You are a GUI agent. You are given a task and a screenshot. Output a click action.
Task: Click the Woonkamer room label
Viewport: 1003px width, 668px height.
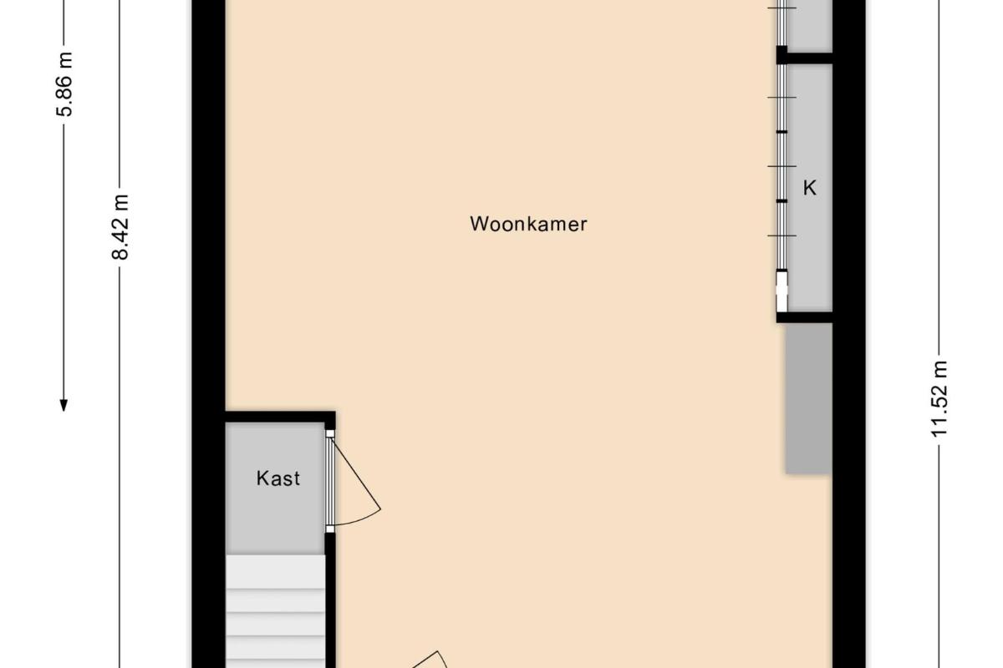[528, 224]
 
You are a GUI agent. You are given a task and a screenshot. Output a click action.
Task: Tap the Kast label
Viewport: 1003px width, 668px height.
[278, 478]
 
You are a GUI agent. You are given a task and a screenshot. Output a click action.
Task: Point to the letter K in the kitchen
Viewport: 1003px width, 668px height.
[810, 188]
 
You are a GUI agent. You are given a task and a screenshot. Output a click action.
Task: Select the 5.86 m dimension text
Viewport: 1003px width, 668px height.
[64, 84]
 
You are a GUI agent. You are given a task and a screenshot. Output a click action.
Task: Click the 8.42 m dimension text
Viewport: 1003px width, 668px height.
[120, 227]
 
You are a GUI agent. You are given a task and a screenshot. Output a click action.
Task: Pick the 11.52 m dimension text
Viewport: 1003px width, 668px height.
[939, 398]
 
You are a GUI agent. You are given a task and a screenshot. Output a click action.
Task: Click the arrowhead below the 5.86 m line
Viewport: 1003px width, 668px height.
[64, 405]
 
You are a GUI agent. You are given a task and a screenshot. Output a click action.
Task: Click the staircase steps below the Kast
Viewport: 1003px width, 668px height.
[275, 611]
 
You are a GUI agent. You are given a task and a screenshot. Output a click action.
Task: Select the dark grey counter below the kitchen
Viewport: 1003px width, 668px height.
[808, 397]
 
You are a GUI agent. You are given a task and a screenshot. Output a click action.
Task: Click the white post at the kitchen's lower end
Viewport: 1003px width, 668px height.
[782, 291]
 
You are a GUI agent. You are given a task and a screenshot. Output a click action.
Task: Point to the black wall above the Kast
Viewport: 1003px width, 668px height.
[280, 417]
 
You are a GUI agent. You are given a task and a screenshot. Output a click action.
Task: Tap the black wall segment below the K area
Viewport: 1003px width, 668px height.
[804, 317]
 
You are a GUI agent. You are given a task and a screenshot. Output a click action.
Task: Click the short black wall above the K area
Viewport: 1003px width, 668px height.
[804, 58]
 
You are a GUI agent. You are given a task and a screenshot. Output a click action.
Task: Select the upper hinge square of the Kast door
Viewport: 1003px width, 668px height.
[330, 433]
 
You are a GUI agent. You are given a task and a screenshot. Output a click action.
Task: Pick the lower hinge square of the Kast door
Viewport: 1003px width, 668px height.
[330, 529]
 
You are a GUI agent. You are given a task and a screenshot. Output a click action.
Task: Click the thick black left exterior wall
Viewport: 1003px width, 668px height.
[209, 334]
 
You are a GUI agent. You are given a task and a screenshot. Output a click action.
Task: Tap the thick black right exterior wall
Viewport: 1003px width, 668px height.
[848, 334]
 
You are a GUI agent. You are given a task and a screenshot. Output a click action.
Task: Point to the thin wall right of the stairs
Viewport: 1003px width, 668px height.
[330, 600]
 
